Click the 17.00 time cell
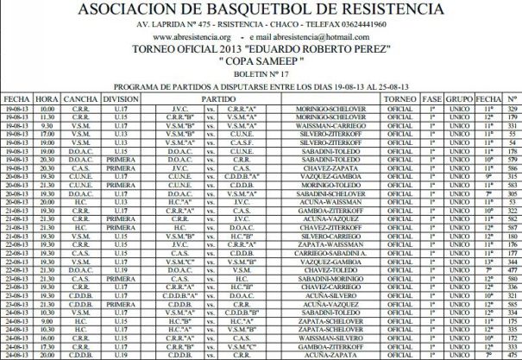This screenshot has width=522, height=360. tap(47, 136)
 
